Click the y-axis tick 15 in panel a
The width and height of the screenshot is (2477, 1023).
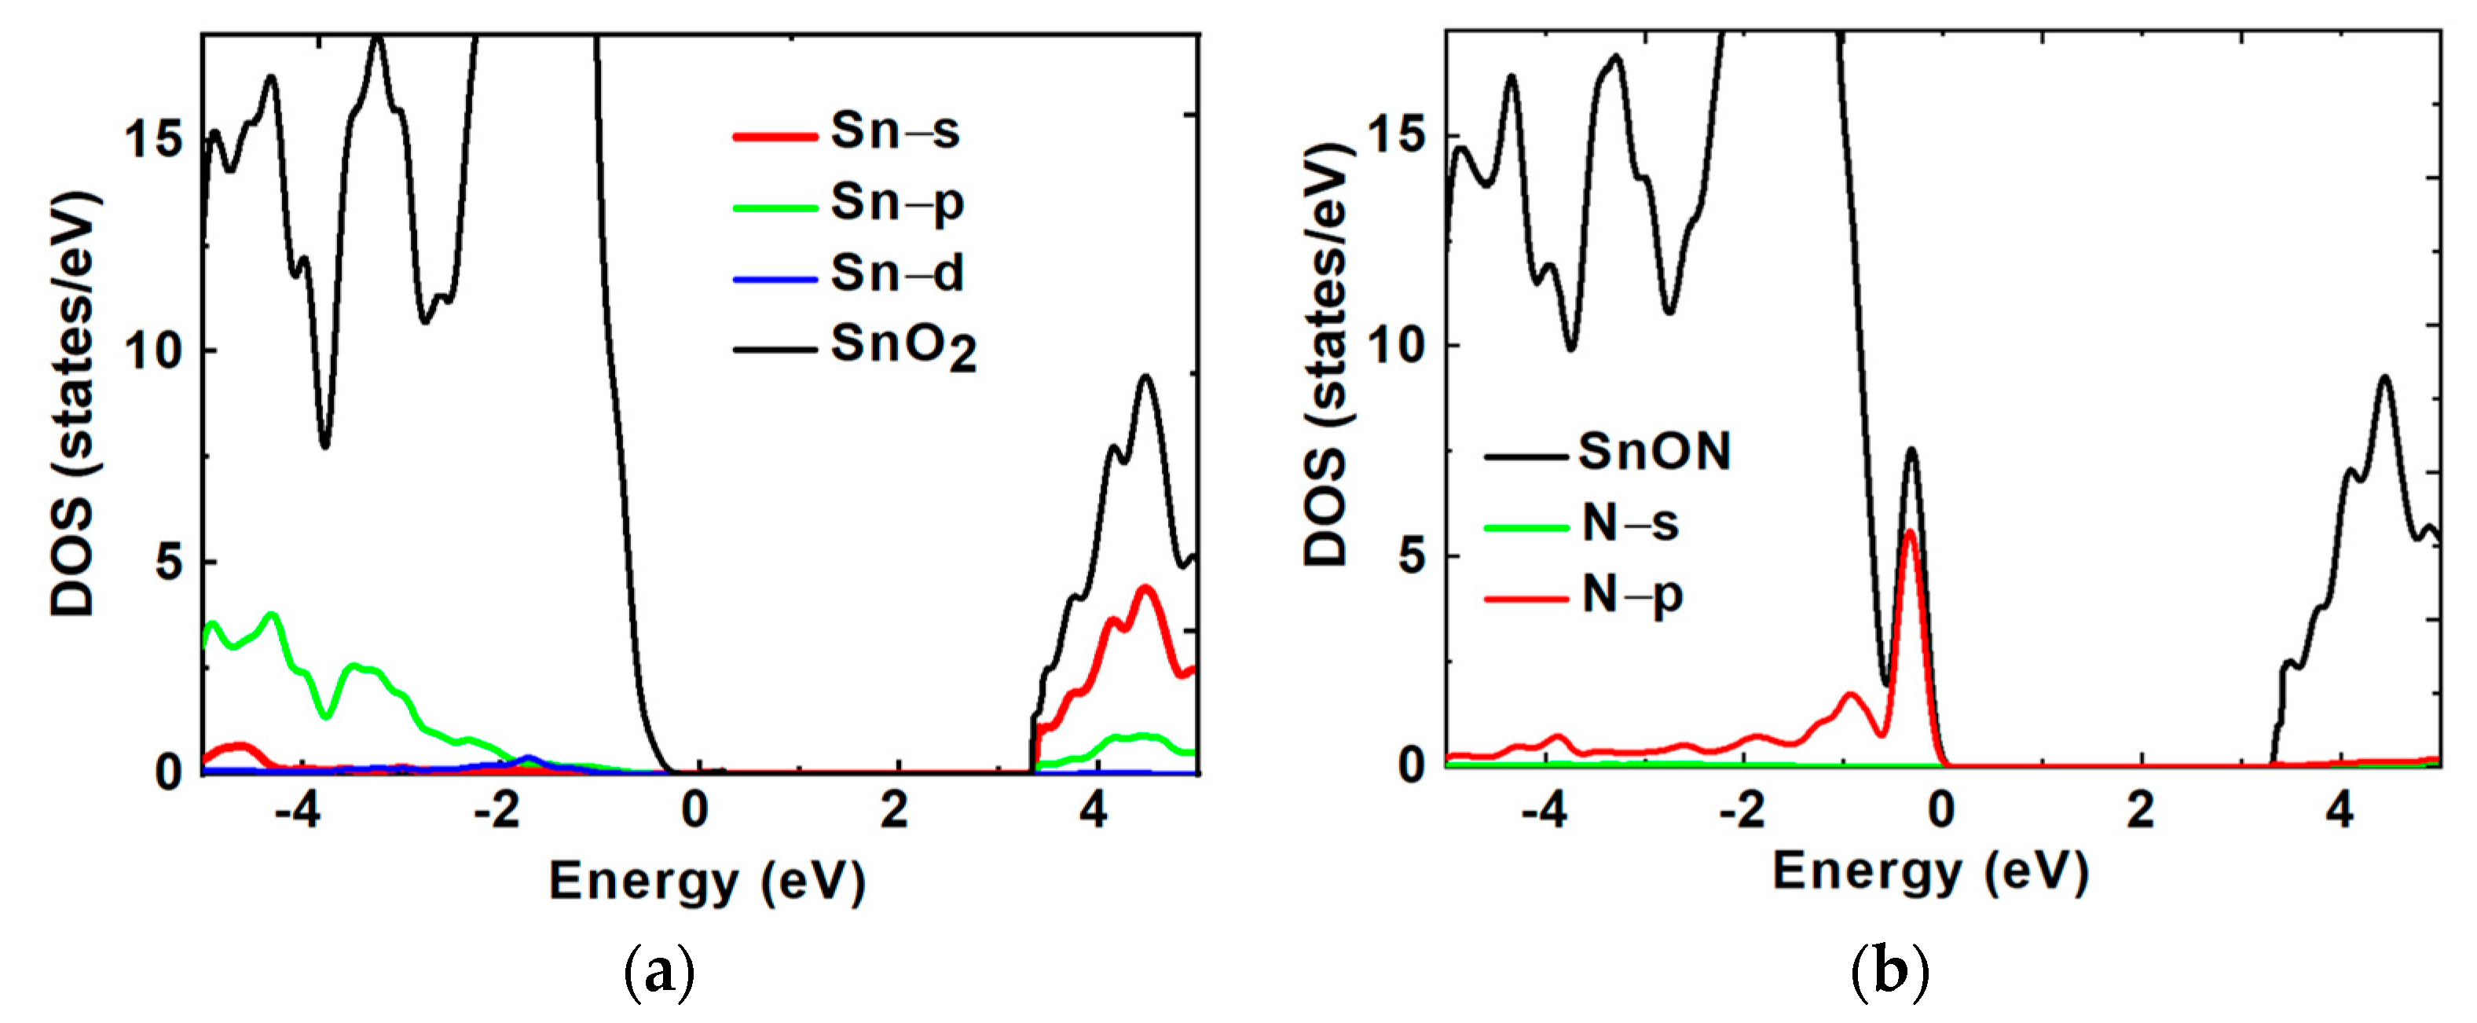[154, 139]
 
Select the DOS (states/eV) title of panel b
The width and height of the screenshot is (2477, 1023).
[1327, 356]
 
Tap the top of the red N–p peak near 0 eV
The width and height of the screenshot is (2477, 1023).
[1911, 532]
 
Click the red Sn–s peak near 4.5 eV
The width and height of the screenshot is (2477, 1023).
[1145, 588]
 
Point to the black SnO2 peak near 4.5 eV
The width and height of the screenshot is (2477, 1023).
[1145, 377]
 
